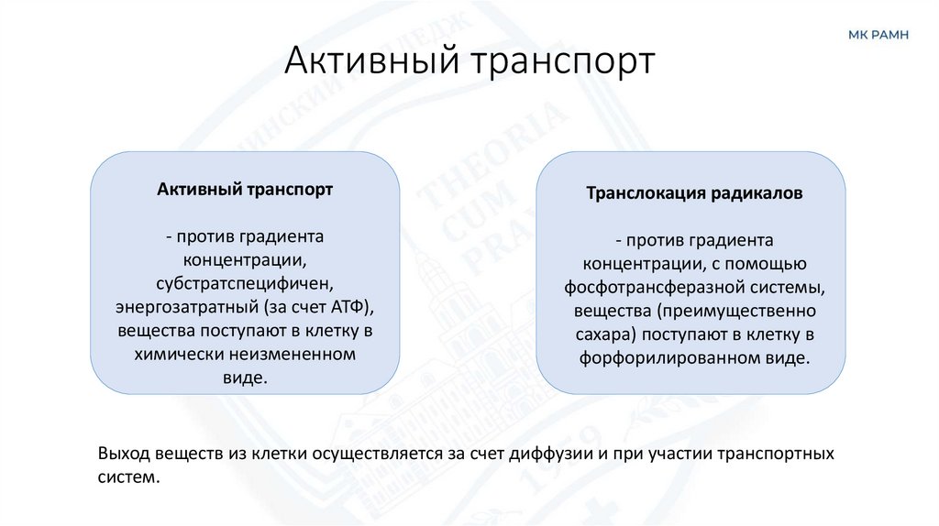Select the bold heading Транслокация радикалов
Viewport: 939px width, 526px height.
click(694, 194)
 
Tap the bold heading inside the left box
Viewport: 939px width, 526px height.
click(244, 190)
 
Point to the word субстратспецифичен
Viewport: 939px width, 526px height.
click(244, 282)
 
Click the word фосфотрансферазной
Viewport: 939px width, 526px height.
click(653, 288)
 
